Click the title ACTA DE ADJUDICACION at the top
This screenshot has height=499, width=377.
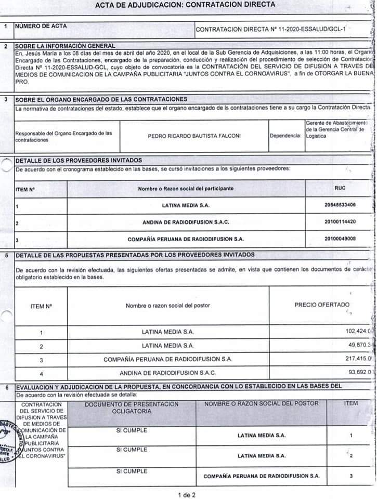click(x=186, y=5)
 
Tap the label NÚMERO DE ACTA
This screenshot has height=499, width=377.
click(x=41, y=25)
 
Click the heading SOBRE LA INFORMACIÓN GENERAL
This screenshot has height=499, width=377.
click(x=65, y=46)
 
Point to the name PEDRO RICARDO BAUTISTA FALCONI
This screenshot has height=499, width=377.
click(x=194, y=136)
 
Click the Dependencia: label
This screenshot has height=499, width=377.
click(x=285, y=136)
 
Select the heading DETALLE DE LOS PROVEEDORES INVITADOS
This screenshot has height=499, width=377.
click(x=79, y=160)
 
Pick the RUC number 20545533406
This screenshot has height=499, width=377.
click(x=340, y=205)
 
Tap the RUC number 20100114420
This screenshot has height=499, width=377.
click(x=340, y=222)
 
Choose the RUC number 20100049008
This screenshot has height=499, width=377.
click(x=340, y=239)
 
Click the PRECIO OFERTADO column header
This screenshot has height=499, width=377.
click(x=322, y=305)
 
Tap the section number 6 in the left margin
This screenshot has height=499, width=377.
click(x=6, y=387)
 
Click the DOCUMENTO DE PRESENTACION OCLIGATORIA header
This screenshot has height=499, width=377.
click(x=132, y=408)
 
